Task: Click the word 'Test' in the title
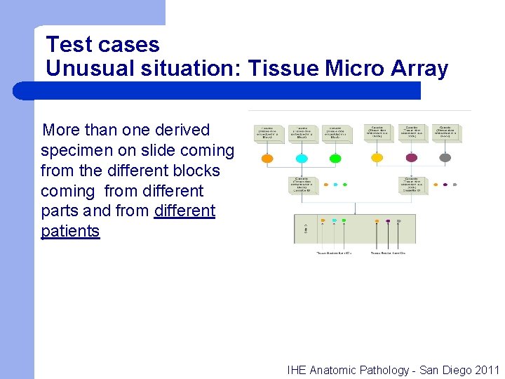(x=68, y=45)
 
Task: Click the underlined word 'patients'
(x=70, y=231)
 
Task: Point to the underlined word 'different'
(x=184, y=211)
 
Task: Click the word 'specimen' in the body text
(x=79, y=150)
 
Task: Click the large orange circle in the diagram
(x=267, y=159)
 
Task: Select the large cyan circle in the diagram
(x=302, y=159)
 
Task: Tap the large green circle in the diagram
(x=335, y=159)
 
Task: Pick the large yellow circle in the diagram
(x=377, y=158)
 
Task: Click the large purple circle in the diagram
(x=411, y=158)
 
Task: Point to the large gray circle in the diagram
(x=445, y=158)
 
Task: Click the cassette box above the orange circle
(x=267, y=132)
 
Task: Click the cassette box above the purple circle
(x=412, y=131)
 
